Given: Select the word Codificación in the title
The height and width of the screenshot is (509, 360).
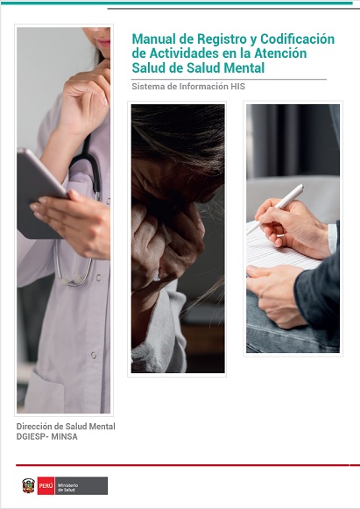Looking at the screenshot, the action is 297,39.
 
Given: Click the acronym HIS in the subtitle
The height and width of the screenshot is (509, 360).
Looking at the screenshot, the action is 238,87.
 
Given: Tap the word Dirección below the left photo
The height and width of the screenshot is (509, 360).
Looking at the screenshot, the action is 34,427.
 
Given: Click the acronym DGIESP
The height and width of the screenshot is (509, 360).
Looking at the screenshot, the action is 31,436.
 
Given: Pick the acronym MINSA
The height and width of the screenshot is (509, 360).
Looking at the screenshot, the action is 64,436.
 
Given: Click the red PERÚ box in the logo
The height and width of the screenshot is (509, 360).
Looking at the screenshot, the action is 46,485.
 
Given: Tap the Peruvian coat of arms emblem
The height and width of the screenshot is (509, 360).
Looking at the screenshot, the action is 28,485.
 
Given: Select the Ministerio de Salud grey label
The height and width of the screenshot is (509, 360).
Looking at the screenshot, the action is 81,485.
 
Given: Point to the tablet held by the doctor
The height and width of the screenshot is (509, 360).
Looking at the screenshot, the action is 39,194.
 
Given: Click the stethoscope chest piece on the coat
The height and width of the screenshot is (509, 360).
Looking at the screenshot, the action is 72,279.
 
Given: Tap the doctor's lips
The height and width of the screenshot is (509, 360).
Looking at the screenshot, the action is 105,43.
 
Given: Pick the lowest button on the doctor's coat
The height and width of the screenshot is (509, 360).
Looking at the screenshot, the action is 94,355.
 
